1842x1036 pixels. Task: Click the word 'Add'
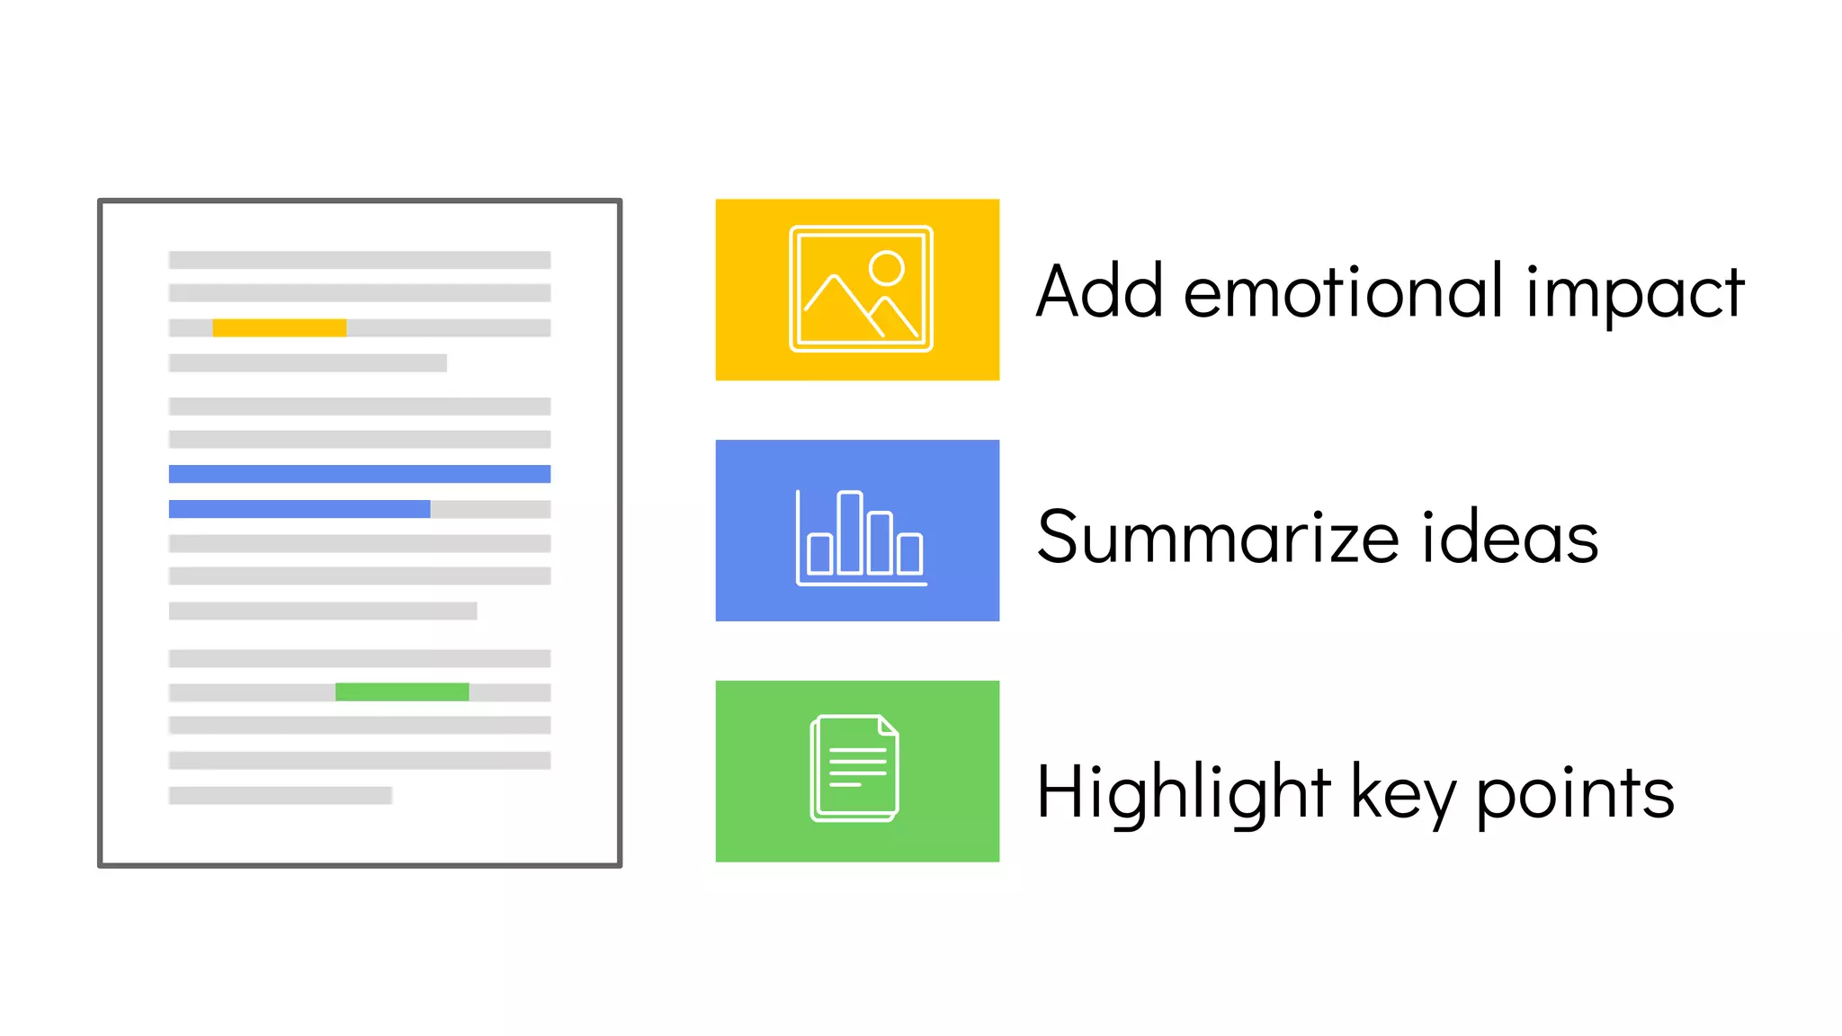pos(1099,292)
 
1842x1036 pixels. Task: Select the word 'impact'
pos(1635,294)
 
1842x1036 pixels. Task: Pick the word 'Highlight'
pos(1183,793)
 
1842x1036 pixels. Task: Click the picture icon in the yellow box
pos(861,289)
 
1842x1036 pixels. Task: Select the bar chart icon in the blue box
pos(861,537)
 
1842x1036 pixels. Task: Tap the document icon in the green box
pos(854,768)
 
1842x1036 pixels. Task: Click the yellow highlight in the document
pos(279,328)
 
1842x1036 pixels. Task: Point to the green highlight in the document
pos(402,692)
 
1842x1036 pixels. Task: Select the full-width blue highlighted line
pos(360,474)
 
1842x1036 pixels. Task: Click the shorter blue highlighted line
pos(300,509)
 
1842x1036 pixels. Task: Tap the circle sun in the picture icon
pos(887,268)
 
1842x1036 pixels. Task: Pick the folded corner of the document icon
pos(888,725)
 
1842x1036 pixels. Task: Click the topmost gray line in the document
pos(360,260)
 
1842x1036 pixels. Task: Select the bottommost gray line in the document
pos(281,795)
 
